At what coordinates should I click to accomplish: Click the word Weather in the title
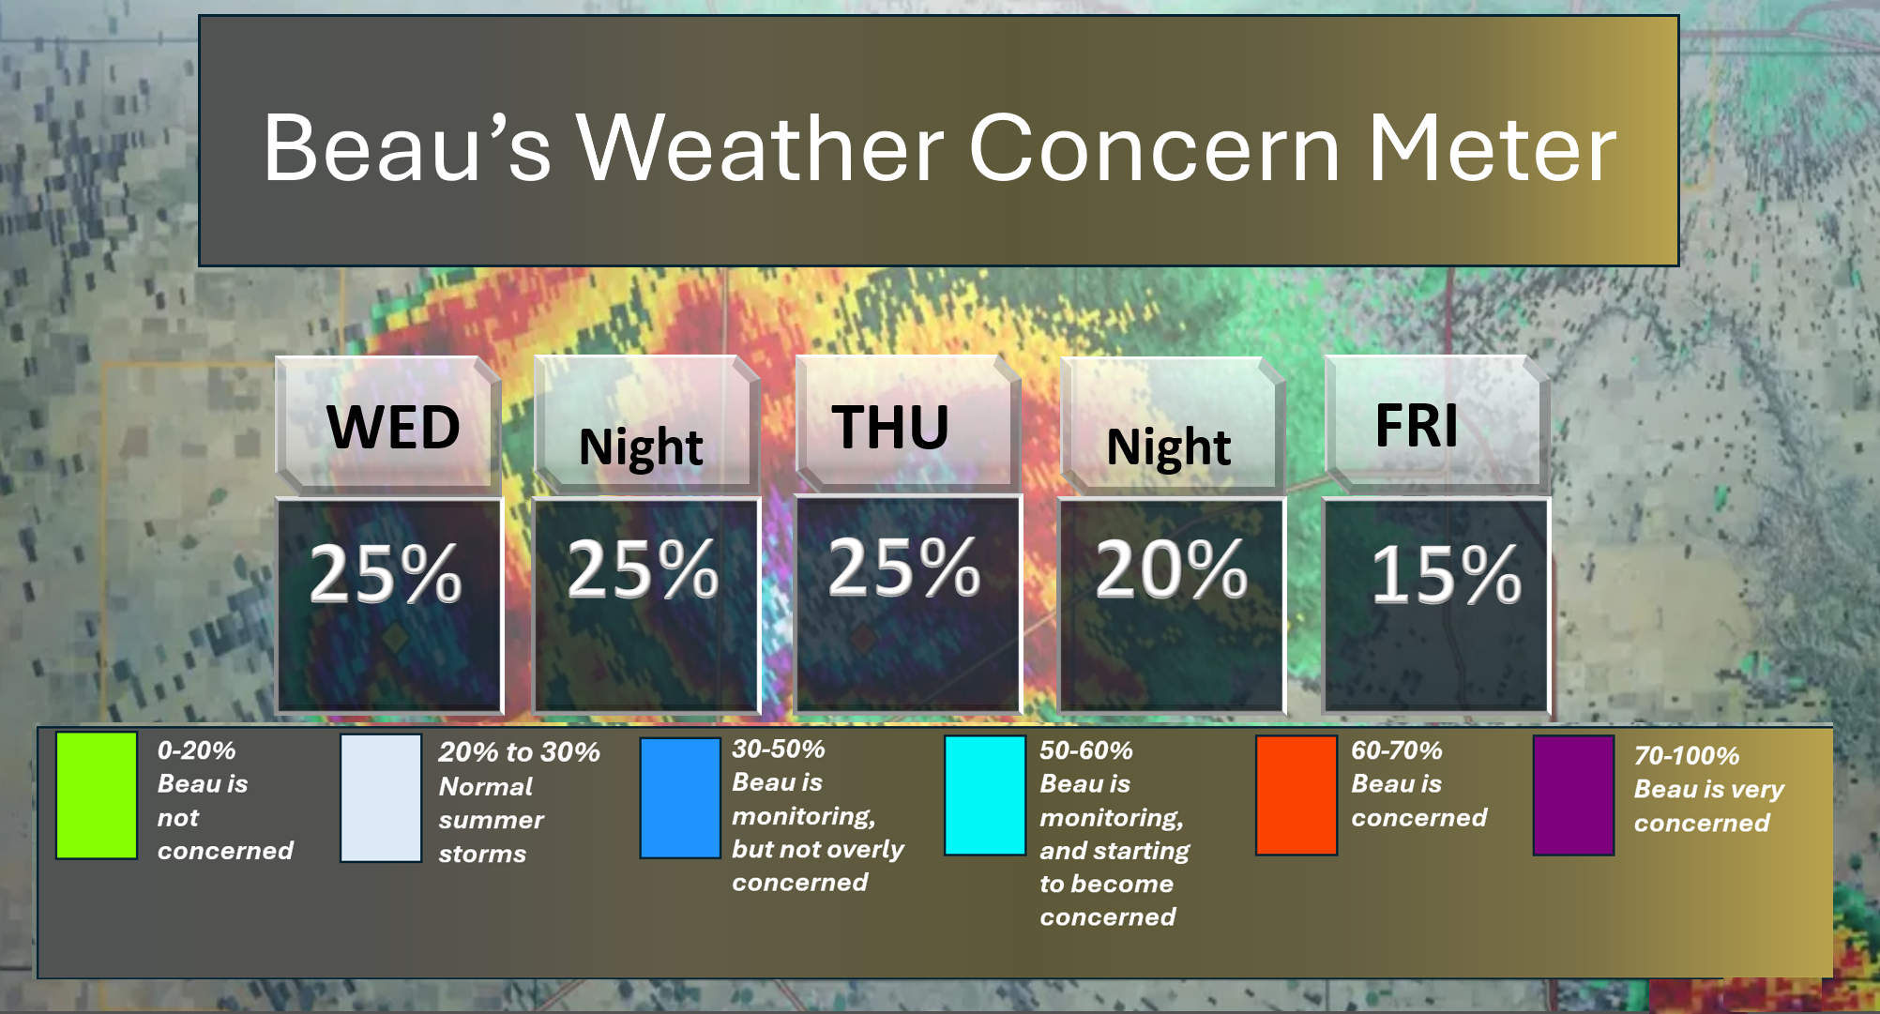(x=761, y=147)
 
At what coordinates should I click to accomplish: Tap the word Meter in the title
(x=1492, y=147)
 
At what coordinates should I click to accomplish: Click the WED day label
(x=393, y=428)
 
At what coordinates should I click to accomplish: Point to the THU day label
(x=890, y=428)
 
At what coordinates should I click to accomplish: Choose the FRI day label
(x=1417, y=426)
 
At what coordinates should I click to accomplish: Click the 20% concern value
(x=1172, y=569)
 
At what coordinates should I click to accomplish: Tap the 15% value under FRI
(x=1447, y=574)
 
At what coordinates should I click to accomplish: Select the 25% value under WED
(x=386, y=574)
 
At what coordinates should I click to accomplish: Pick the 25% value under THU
(x=904, y=568)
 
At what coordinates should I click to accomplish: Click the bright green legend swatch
(x=97, y=795)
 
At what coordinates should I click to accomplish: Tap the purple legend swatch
(x=1573, y=795)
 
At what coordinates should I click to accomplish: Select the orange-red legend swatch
(x=1296, y=795)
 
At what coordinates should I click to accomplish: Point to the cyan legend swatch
(x=984, y=795)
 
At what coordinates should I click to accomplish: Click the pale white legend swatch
(x=381, y=798)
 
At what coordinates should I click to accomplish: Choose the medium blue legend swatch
(x=680, y=798)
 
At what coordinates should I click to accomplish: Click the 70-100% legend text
(x=1686, y=756)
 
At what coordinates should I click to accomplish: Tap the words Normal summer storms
(x=491, y=820)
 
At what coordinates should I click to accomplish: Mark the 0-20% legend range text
(x=196, y=750)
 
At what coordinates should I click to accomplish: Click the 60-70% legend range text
(x=1396, y=750)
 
